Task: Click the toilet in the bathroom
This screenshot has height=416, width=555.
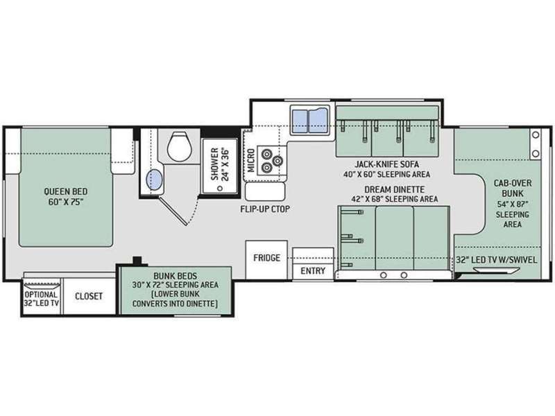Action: [180, 146]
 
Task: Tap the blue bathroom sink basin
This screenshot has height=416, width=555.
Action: [154, 180]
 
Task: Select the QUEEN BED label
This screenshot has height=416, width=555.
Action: [66, 191]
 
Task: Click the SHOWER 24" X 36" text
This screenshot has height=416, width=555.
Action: [220, 164]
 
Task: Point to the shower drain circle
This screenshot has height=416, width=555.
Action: [220, 188]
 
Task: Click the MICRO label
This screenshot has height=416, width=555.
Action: [251, 161]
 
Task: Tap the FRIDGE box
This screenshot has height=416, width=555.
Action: [266, 259]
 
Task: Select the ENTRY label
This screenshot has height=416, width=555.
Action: [313, 271]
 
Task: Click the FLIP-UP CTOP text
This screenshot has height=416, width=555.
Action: [265, 209]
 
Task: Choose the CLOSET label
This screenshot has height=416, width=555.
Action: [89, 296]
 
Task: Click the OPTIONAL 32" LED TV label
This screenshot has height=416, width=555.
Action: [42, 299]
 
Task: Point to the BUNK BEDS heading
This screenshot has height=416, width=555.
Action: [176, 275]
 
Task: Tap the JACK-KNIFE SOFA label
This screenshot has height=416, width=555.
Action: [387, 164]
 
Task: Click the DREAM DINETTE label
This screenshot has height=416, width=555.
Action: [394, 189]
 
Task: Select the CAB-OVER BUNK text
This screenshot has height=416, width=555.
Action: [513, 188]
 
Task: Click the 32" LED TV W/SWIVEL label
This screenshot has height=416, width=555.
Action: [496, 259]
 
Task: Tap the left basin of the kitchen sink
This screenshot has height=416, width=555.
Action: [300, 121]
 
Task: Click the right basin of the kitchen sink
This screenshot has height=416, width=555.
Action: [318, 121]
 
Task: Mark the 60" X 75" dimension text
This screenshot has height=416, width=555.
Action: [66, 202]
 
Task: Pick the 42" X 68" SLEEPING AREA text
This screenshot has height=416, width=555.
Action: [394, 199]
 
